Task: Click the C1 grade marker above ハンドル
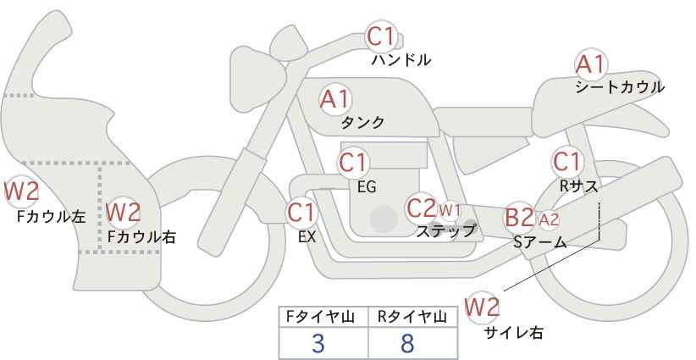(381, 36)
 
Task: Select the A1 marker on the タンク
(335, 99)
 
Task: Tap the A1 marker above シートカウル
(590, 65)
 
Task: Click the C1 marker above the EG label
(353, 163)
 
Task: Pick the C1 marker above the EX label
(301, 213)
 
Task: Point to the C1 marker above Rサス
(566, 162)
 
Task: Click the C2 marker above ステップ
(422, 208)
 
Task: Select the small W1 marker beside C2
(450, 210)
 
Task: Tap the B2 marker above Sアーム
(520, 218)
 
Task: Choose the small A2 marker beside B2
(549, 219)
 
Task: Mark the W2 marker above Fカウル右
(124, 212)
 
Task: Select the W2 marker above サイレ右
(482, 307)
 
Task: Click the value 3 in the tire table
(318, 343)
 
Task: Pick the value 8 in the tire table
(406, 343)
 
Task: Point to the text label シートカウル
(620, 87)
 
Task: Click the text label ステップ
(445, 231)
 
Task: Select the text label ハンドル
(401, 59)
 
